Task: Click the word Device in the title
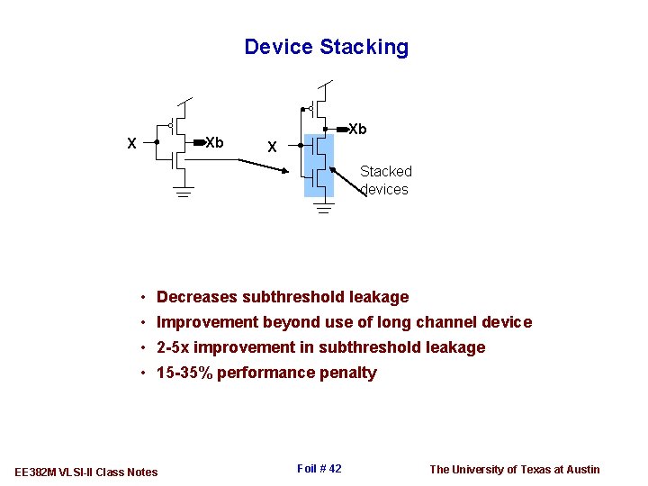[277, 48]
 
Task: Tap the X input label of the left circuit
[132, 143]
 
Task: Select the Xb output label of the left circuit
[215, 142]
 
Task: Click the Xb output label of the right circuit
[357, 130]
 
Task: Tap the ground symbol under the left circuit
[184, 192]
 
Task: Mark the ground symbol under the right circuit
[324, 208]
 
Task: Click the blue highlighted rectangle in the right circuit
[319, 165]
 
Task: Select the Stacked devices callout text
[385, 180]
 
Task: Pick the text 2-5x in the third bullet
[173, 347]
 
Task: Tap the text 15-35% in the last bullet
[184, 373]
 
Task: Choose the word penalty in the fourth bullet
[347, 373]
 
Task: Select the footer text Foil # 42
[319, 468]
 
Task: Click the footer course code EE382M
[36, 472]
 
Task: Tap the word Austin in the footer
[581, 469]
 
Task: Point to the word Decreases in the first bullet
[197, 297]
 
